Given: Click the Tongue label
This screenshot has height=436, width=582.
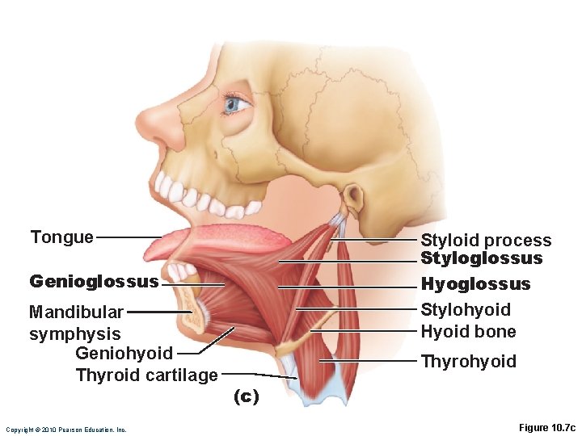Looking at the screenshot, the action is tap(61, 237).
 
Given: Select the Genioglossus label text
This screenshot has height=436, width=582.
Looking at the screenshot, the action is tap(94, 281).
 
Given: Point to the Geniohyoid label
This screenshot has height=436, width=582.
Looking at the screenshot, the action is tap(124, 353).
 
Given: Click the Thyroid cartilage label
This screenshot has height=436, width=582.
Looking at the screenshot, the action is tap(146, 375).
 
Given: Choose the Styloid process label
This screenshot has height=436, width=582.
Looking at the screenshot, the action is tap(486, 240).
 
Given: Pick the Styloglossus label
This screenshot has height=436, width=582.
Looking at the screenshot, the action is tap(481, 258).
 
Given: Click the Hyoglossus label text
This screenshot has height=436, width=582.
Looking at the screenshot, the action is tap(475, 284).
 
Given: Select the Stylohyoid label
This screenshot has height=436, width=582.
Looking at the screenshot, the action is tap(466, 310).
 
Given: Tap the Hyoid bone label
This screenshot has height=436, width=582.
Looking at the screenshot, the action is tap(468, 331).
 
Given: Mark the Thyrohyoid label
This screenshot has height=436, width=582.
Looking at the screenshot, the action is tap(468, 361).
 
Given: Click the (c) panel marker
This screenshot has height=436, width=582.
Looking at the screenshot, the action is tap(246, 396).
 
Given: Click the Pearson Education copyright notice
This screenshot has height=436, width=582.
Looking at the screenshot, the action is tap(65, 430).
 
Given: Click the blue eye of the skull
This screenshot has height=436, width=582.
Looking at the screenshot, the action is tap(235, 103).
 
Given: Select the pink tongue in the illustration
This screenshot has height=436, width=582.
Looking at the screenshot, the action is tap(218, 238).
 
